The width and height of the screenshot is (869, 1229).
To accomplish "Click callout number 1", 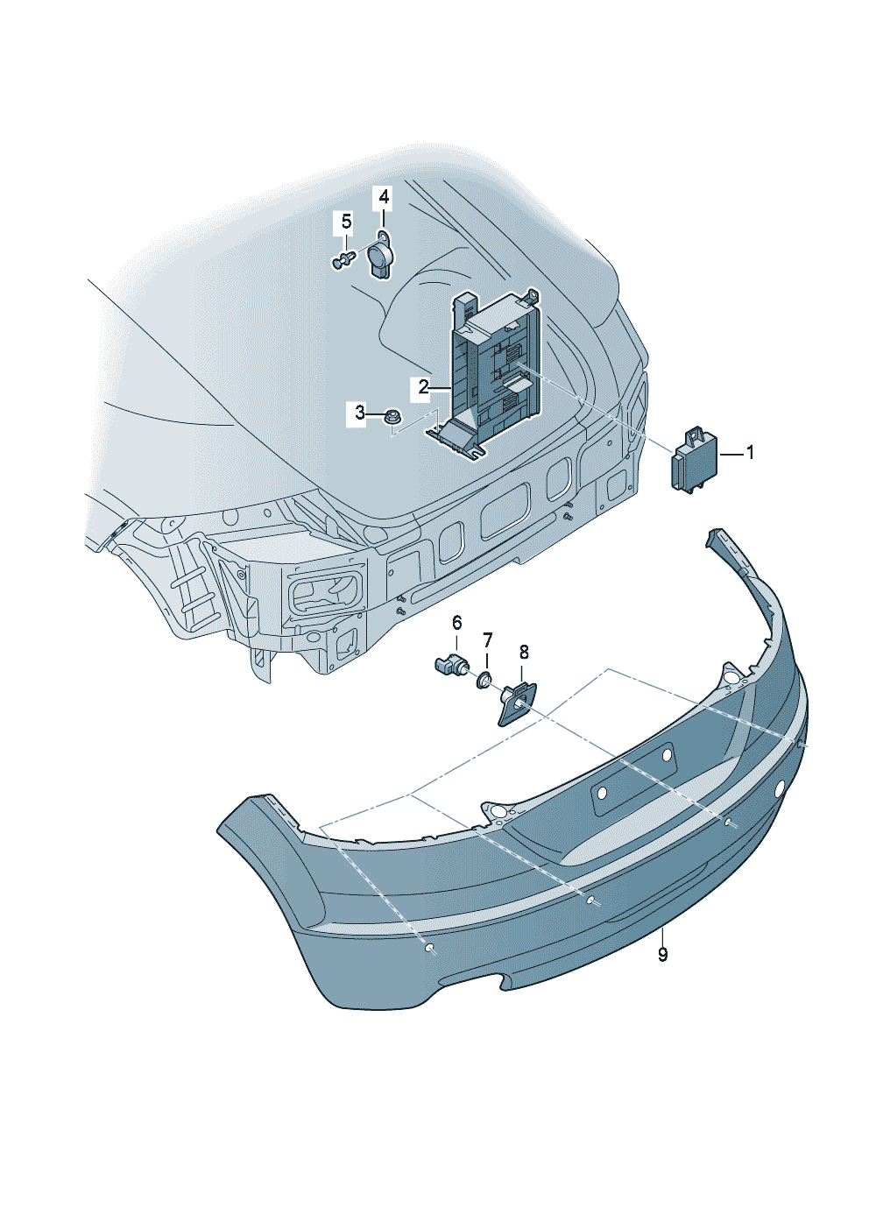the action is point(750,453).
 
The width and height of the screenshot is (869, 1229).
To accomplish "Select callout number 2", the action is point(423,386).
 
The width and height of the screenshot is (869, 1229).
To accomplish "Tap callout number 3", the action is point(359,412).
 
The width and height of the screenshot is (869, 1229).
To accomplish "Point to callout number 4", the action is point(384,198).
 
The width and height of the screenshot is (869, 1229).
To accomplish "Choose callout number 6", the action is point(456,623).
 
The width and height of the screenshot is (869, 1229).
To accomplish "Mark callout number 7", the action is point(488,640).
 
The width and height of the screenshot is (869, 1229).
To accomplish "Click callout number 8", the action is point(524,652).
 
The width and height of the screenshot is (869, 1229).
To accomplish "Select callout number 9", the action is point(663,954).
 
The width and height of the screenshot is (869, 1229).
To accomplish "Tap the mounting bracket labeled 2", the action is point(495,372).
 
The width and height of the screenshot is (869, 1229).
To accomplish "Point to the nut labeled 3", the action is point(393,417).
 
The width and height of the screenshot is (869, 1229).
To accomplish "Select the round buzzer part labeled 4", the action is point(381,257).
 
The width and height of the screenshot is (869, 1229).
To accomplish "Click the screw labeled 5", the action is point(344,260).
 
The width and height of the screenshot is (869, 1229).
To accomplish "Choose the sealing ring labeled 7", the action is point(484,680).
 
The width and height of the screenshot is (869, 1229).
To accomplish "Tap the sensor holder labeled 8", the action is point(513,703).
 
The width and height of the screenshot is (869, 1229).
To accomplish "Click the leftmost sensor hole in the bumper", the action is point(428,949).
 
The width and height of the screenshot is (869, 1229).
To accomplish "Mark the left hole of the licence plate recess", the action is point(602,794).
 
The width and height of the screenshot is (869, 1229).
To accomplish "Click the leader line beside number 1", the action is point(731,454).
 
